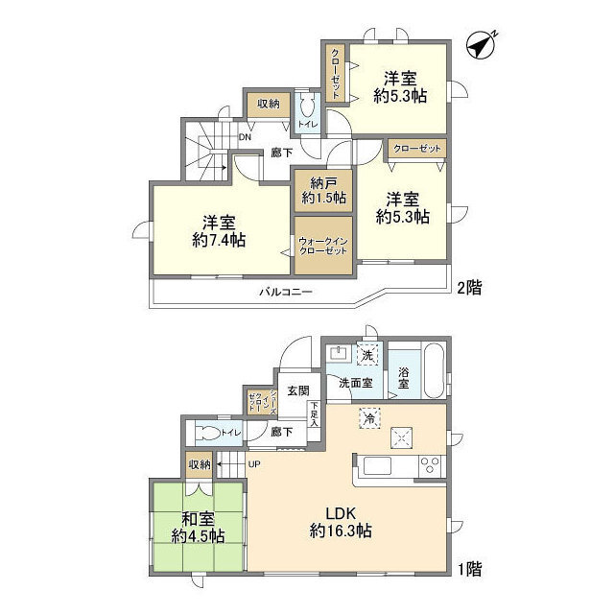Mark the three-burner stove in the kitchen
429,468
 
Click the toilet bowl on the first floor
205,433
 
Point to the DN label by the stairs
246,136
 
